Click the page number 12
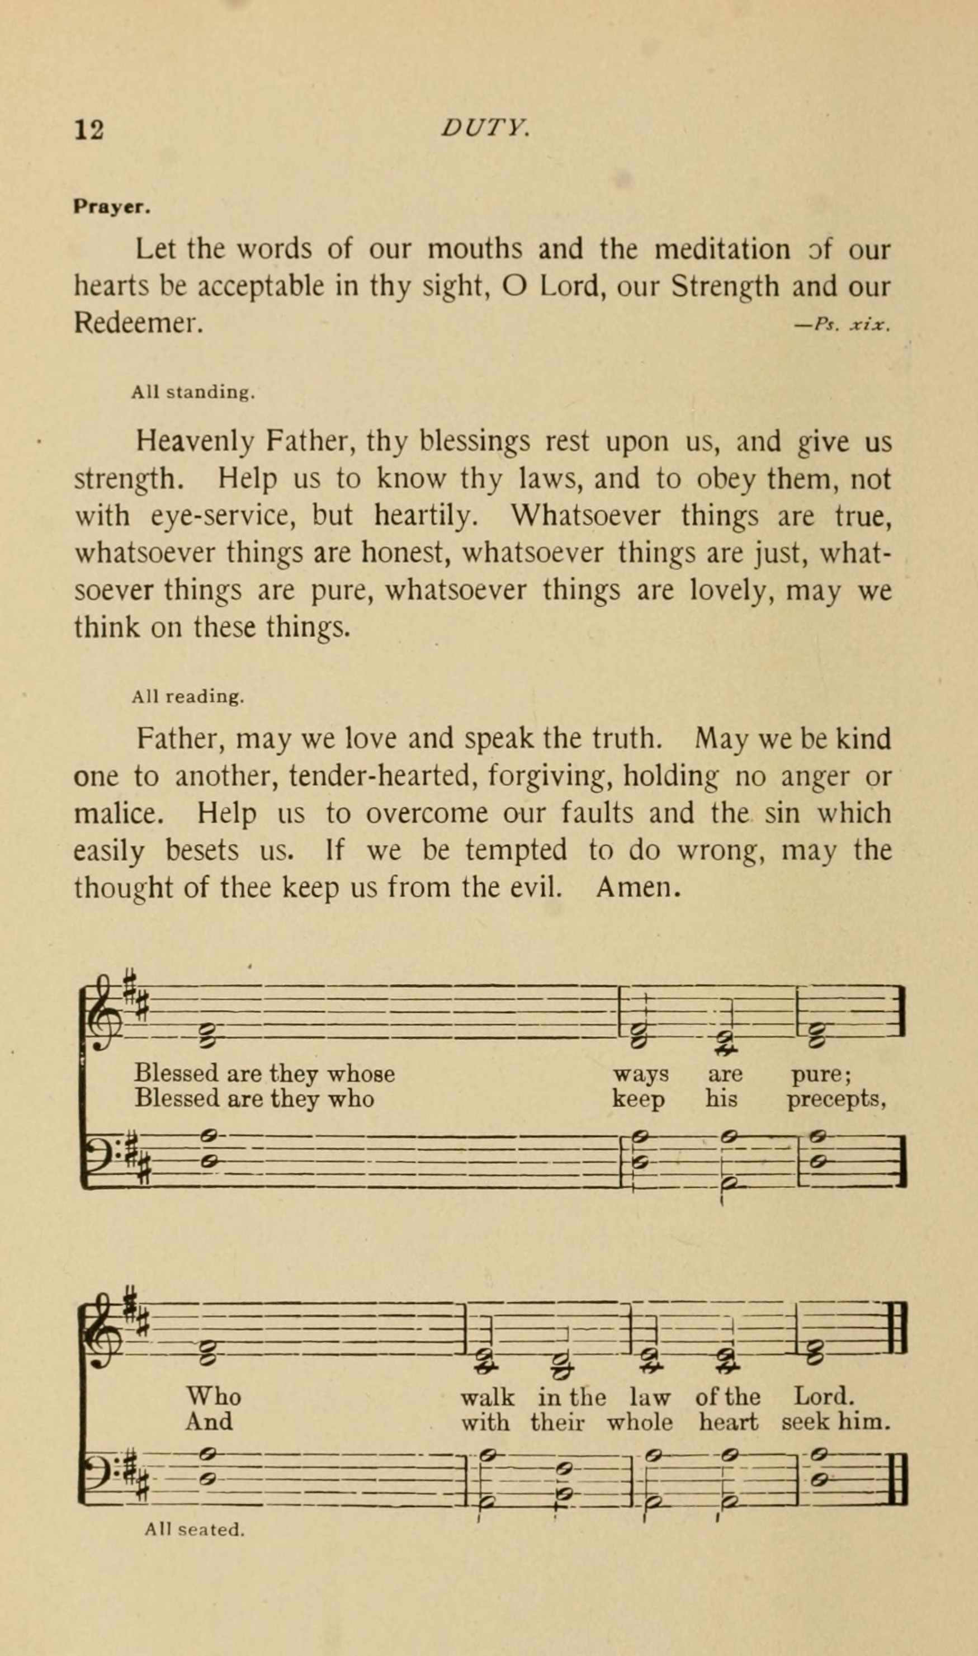pos(89,129)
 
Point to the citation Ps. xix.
pos(852,324)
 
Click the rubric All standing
pos(192,393)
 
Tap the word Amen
pos(637,888)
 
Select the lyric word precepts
pos(835,1099)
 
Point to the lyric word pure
pos(820,1074)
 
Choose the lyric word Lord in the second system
pos(824,1396)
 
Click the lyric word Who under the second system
pos(214,1396)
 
